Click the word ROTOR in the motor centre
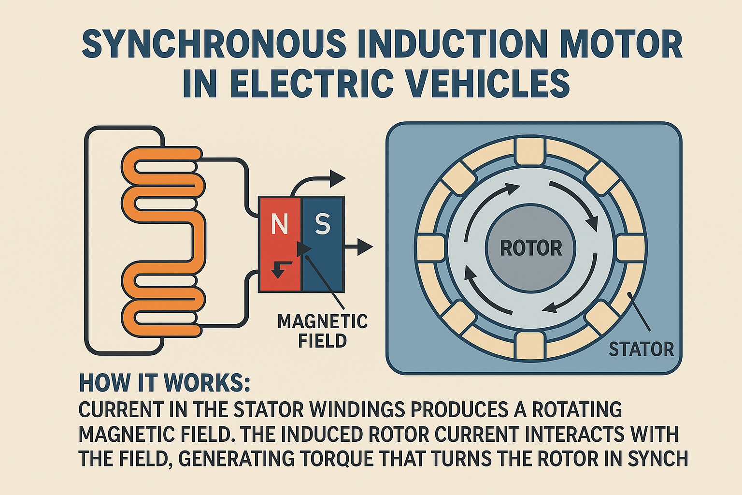pyautogui.click(x=531, y=248)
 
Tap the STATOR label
pyautogui.click(x=641, y=349)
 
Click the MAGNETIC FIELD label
pyautogui.click(x=322, y=331)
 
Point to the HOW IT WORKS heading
pyautogui.click(x=165, y=383)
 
